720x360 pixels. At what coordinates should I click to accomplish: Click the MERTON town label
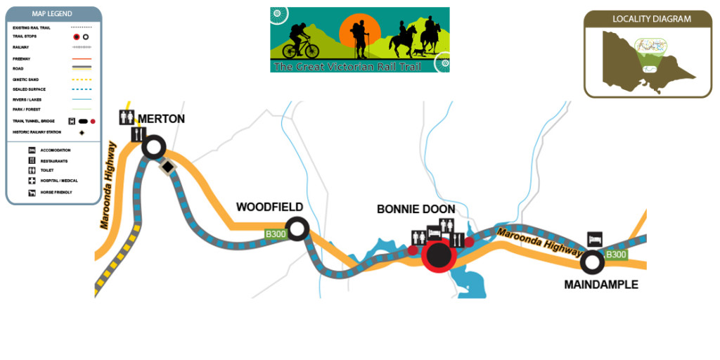point(161,119)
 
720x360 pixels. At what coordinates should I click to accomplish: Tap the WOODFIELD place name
point(269,207)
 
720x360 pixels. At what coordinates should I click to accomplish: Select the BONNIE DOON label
point(416,209)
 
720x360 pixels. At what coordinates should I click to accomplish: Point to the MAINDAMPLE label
point(601,285)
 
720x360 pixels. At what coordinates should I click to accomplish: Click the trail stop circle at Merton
point(153,148)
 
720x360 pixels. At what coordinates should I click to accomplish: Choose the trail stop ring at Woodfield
point(298,229)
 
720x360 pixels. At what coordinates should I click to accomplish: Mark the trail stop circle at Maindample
point(592,262)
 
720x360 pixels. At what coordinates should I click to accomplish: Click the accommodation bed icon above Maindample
point(595,238)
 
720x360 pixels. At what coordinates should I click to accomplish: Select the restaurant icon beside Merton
point(138,134)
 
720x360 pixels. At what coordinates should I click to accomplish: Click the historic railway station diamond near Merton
point(168,167)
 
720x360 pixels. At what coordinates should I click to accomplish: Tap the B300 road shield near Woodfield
point(274,233)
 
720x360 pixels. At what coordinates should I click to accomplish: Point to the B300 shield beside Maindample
point(616,254)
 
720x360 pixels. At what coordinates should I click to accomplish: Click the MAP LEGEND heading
point(53,14)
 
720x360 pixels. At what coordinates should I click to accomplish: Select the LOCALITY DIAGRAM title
point(651,19)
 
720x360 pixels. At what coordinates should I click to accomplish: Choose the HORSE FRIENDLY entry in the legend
point(56,192)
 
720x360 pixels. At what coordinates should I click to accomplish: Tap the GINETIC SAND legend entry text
point(27,79)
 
